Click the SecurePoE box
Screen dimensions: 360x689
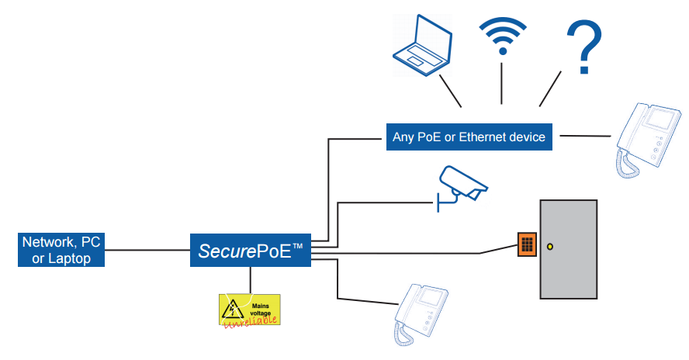[251, 251]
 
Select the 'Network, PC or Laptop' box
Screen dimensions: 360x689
[61, 250]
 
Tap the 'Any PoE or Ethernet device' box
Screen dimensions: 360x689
[469, 137]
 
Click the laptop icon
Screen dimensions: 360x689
[423, 47]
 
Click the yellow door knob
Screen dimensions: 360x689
[550, 247]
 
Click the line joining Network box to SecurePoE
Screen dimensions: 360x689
[147, 251]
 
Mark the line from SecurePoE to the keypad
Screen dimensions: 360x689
[403, 253]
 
